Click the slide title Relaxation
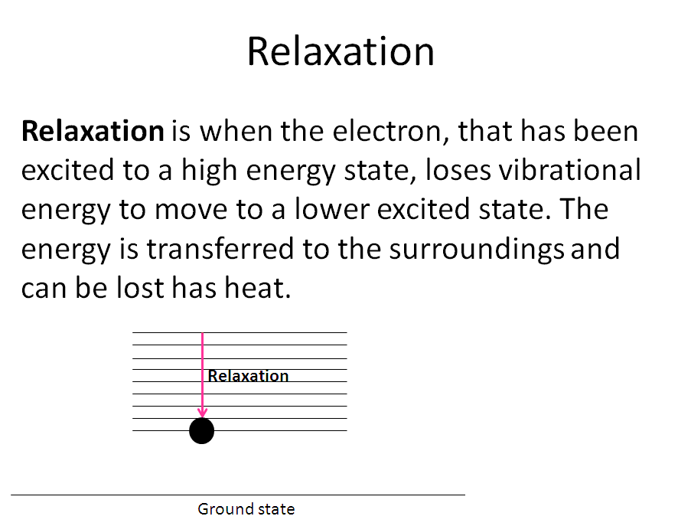click(341, 51)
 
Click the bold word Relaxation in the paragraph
click(93, 131)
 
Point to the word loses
click(458, 170)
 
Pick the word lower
click(332, 209)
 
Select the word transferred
click(220, 248)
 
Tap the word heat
click(258, 287)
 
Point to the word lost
click(140, 287)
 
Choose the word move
click(191, 210)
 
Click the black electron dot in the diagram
click(201, 431)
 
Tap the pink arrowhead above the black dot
click(202, 413)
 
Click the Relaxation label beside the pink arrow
click(248, 376)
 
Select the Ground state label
click(246, 509)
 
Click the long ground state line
click(238, 495)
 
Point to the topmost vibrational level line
click(240, 332)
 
